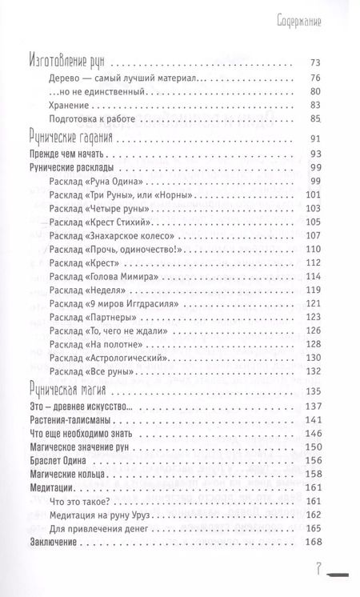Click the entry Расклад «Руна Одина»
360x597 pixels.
click(x=100, y=183)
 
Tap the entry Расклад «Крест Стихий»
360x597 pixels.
click(x=103, y=222)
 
